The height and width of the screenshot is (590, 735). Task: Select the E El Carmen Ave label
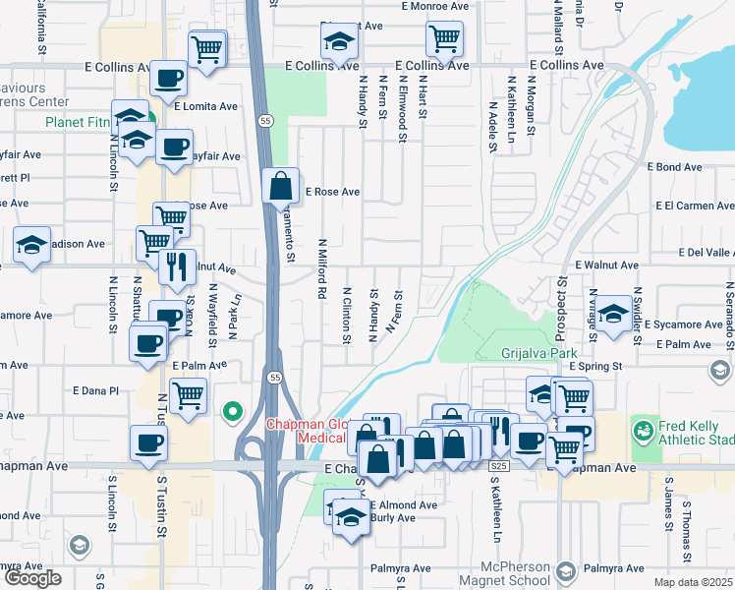[x=695, y=206]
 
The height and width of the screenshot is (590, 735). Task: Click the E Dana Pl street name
[x=95, y=390]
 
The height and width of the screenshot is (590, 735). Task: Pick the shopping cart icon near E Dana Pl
[x=187, y=395]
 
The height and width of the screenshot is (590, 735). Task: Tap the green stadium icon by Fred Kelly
[x=644, y=431]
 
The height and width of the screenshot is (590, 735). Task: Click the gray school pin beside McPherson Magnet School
[x=565, y=571]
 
